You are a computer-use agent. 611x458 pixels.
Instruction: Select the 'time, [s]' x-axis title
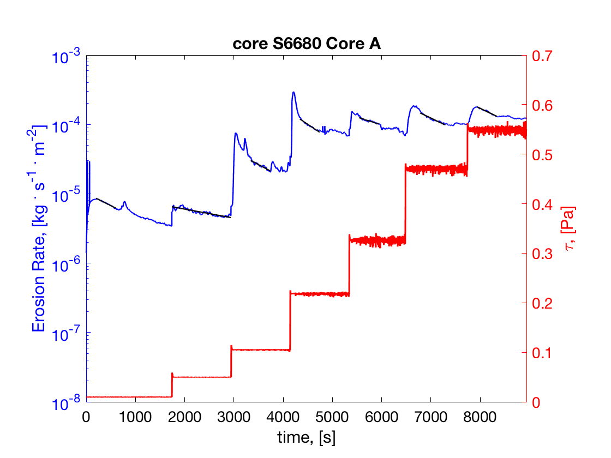[306, 437]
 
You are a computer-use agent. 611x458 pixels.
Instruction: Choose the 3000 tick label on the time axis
[233, 417]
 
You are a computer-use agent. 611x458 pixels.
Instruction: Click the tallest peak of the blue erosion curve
[293, 93]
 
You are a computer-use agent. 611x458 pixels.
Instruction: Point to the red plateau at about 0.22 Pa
[320, 294]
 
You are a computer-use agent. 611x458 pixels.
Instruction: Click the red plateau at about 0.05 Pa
[202, 377]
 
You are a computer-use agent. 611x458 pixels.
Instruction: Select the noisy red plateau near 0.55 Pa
[496, 130]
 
